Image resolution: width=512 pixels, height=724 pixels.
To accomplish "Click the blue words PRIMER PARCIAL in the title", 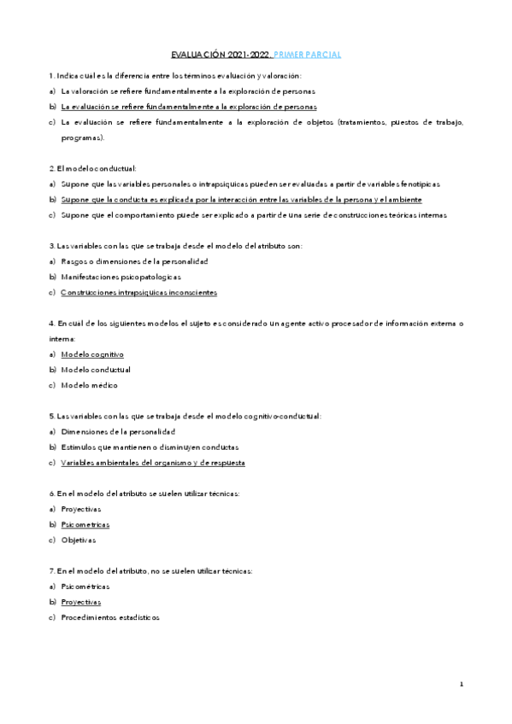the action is [308, 55].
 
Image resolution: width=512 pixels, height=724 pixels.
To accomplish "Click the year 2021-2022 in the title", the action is [249, 55].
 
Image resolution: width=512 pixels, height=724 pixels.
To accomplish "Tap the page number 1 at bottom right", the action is [461, 684].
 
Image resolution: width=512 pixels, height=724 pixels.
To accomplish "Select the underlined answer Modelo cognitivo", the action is [92, 353].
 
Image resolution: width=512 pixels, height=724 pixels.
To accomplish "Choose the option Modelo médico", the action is [90, 385].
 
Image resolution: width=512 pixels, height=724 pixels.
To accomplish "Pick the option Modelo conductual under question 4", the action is [96, 370].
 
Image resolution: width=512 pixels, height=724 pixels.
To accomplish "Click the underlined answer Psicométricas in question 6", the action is [85, 524].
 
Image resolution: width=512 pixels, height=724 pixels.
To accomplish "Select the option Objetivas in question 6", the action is [79, 540].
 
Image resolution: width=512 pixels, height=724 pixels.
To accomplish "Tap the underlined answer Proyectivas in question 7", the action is [81, 601].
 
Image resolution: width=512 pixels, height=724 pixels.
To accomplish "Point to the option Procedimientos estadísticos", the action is [110, 617].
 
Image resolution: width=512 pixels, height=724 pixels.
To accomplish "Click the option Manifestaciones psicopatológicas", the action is [121, 277].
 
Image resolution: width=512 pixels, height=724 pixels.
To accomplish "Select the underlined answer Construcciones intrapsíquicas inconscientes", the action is [139, 292].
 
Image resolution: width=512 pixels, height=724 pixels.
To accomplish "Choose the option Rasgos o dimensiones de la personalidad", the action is [134, 261].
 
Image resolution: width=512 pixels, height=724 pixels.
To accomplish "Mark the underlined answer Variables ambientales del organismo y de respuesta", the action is [153, 463].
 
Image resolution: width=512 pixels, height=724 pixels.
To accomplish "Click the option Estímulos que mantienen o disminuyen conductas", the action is [150, 447].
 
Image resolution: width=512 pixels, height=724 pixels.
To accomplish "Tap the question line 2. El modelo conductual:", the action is [93, 168].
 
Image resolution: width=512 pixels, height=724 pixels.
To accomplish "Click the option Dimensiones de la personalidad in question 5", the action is [118, 431].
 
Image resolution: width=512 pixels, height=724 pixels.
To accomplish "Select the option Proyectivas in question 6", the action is [81, 509].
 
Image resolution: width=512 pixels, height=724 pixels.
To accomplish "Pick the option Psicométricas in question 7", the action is [85, 586].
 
